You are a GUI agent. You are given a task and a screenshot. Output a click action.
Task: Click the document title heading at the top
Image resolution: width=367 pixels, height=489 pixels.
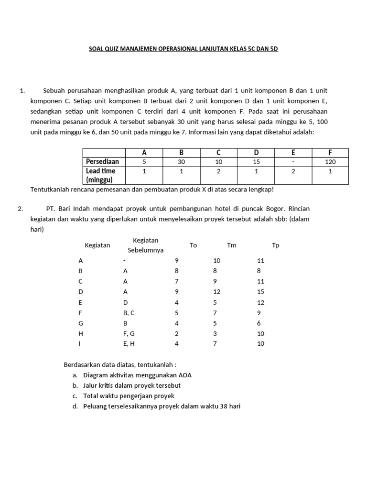(183, 49)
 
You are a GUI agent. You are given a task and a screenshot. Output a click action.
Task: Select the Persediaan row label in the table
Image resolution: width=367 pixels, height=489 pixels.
(102, 161)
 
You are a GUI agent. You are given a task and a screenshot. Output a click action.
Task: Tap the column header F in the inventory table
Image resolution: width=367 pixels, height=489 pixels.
(330, 153)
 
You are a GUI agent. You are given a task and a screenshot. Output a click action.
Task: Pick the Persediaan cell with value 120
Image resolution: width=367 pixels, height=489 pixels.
(330, 162)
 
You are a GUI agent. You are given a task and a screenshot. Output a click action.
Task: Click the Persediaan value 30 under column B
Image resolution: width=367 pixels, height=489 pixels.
(181, 162)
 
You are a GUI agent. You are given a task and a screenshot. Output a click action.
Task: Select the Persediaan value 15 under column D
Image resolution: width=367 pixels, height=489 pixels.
(256, 162)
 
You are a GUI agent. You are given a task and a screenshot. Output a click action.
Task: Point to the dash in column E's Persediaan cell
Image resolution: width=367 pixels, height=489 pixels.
(293, 162)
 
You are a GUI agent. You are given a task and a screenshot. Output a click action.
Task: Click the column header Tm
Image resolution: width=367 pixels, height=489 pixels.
(232, 245)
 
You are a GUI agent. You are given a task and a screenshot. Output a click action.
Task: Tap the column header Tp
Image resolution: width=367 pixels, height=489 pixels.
(275, 245)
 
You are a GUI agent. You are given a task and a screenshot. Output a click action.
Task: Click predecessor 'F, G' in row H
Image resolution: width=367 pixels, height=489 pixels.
(130, 333)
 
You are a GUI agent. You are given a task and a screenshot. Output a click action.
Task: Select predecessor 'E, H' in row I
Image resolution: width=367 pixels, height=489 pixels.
(130, 344)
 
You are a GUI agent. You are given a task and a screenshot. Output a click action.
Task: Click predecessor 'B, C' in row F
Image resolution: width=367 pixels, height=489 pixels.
(130, 313)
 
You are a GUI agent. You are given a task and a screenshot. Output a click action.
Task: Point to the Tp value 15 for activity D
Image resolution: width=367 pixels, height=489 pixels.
(260, 292)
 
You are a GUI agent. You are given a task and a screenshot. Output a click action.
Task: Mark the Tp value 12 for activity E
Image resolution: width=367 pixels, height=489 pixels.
(260, 302)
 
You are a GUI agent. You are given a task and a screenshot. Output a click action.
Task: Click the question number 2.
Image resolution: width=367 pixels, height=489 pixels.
(21, 209)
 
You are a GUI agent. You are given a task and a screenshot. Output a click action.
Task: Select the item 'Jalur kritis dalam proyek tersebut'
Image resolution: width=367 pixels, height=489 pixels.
(132, 385)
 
